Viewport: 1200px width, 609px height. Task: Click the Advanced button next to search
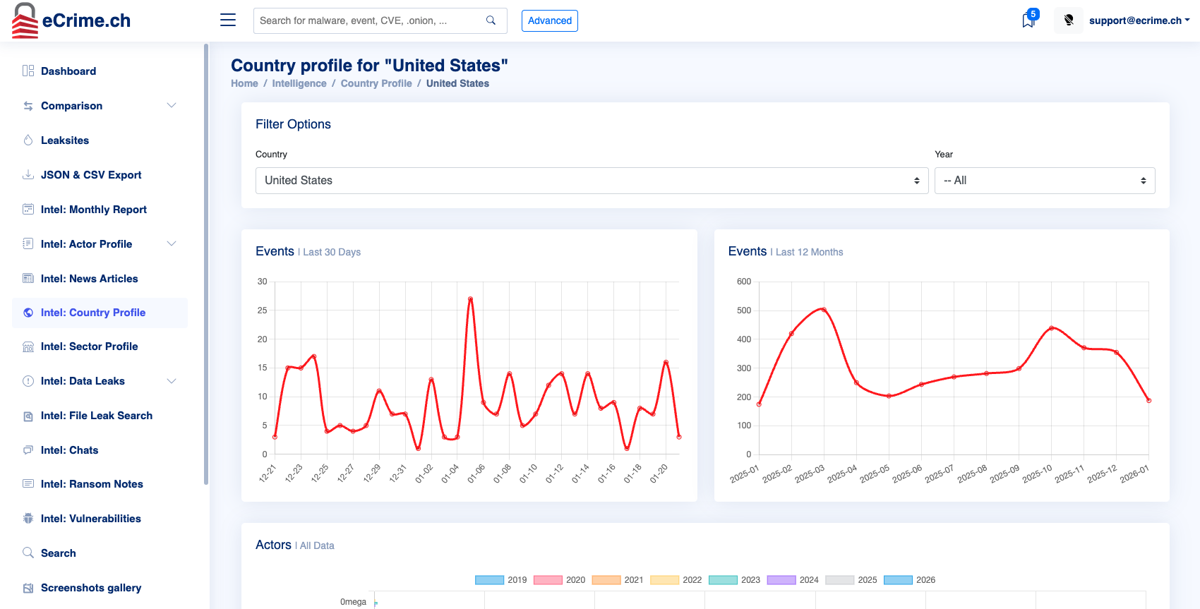click(549, 20)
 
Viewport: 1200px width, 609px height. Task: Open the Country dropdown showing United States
click(592, 181)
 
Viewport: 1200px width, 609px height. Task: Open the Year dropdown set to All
click(1044, 181)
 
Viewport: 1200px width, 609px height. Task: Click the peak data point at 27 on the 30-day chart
click(470, 299)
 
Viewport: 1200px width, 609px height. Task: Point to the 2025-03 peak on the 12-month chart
click(824, 310)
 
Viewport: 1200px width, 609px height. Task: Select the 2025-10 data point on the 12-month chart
click(1051, 328)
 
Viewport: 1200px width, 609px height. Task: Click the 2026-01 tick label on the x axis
click(1134, 474)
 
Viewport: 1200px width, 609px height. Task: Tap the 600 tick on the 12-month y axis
click(743, 282)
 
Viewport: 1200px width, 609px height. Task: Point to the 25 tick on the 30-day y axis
click(262, 310)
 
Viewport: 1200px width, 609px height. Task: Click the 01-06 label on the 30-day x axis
click(476, 474)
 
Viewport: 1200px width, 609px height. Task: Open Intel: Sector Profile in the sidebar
click(89, 346)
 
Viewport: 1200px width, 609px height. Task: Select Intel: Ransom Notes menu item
click(92, 484)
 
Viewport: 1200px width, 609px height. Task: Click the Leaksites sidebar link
click(65, 140)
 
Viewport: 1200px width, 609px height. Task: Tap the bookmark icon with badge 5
click(1028, 20)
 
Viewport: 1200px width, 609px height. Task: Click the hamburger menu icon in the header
click(228, 20)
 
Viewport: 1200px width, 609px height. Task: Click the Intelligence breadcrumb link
click(299, 83)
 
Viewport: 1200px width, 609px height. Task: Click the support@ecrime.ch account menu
click(1138, 20)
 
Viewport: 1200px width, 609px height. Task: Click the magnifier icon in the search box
click(491, 20)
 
